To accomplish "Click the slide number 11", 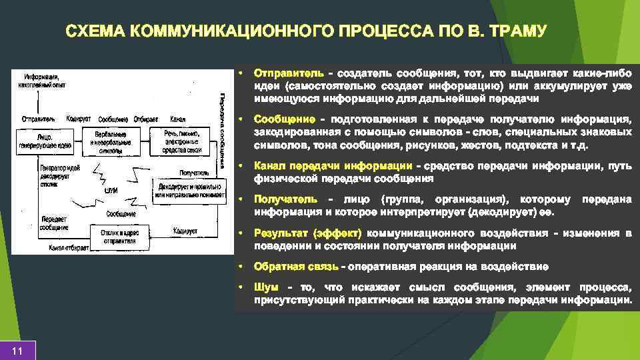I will click(x=18, y=351).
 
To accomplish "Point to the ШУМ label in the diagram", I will click(x=111, y=190).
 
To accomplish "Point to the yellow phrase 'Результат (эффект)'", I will click(x=307, y=233).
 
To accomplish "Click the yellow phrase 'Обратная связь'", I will click(x=296, y=267).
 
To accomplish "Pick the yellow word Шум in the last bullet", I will click(x=266, y=287).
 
